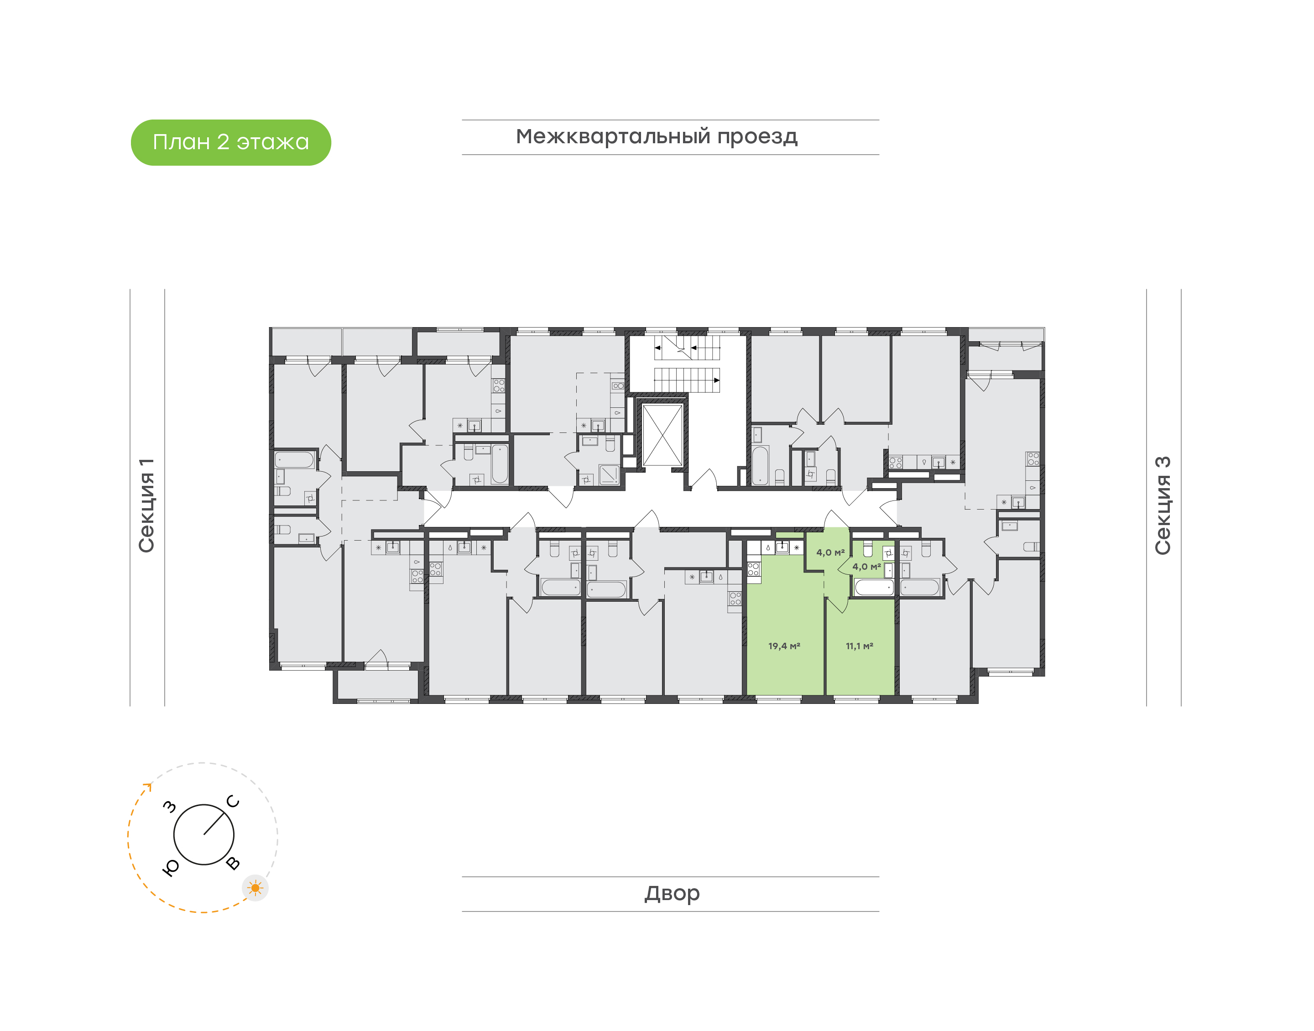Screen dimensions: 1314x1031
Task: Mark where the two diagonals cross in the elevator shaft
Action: point(662,435)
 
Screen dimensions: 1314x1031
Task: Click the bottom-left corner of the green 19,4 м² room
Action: point(747,695)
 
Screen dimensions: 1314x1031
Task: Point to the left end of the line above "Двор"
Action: point(462,876)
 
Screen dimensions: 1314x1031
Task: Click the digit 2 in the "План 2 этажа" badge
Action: point(223,142)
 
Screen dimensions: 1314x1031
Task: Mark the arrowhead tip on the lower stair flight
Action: point(720,380)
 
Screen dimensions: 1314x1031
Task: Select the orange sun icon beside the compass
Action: point(255,888)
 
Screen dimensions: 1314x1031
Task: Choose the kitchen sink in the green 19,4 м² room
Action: point(782,547)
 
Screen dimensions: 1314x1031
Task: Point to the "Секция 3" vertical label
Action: point(1163,505)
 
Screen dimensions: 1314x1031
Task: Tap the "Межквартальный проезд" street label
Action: point(657,137)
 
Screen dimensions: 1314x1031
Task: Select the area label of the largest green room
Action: point(784,646)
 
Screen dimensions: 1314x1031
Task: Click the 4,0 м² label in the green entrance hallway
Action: point(830,552)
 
